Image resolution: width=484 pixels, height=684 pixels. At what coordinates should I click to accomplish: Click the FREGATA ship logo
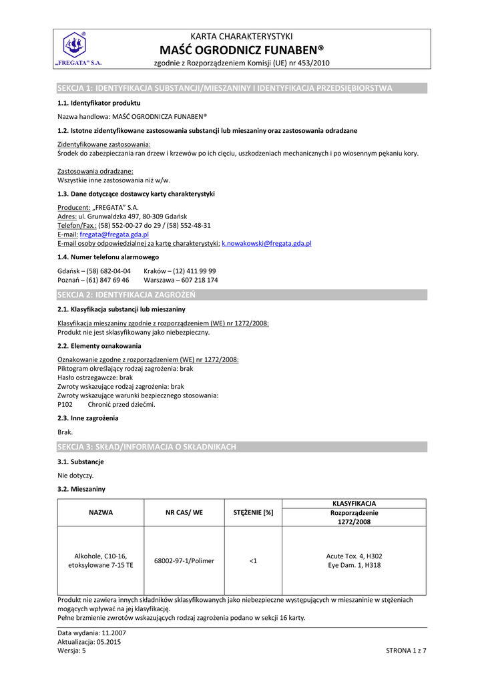click(x=74, y=45)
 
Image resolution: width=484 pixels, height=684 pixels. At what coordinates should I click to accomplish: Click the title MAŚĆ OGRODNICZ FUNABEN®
click(x=242, y=49)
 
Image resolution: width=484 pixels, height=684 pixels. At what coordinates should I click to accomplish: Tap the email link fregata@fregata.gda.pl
click(x=114, y=235)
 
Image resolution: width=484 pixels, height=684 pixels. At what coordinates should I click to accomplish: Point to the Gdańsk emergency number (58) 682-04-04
click(x=94, y=271)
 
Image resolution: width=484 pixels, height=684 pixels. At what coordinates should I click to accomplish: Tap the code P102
click(x=65, y=404)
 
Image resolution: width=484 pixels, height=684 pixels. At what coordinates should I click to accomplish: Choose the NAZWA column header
click(x=101, y=512)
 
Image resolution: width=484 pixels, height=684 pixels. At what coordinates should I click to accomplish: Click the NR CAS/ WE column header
click(x=184, y=512)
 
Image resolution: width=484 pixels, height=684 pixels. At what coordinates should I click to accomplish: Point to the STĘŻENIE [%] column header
click(x=253, y=512)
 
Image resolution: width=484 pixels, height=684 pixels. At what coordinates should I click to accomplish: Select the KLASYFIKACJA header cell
click(x=354, y=503)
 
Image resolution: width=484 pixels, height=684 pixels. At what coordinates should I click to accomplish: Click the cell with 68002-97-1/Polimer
click(x=184, y=560)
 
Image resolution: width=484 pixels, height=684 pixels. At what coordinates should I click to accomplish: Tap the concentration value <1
click(x=253, y=560)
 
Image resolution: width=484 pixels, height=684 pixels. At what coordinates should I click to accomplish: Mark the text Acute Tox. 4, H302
click(x=354, y=556)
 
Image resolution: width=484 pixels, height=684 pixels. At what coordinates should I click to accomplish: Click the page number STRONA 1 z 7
click(x=406, y=650)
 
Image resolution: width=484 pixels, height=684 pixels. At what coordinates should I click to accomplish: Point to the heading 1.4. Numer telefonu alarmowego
click(x=108, y=256)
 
